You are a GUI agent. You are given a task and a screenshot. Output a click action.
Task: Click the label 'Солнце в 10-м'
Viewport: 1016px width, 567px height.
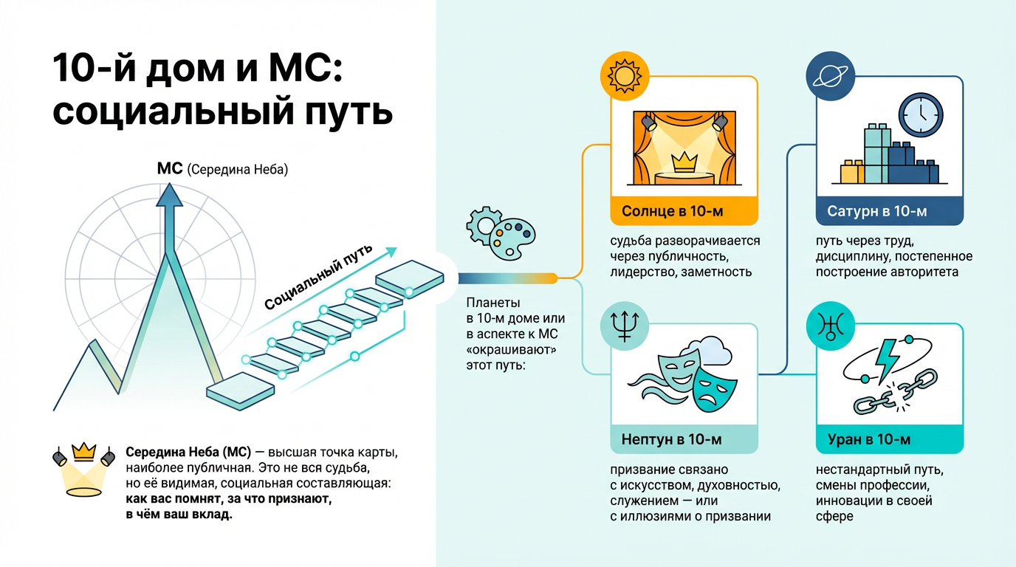pos(672,212)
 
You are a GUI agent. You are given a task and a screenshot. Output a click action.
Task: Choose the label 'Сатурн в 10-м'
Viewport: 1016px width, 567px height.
pos(876,212)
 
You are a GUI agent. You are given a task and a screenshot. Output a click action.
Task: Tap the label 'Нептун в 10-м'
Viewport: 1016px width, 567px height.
pos(671,440)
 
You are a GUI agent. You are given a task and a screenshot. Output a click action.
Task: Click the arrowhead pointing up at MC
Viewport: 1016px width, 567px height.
pos(170,194)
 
